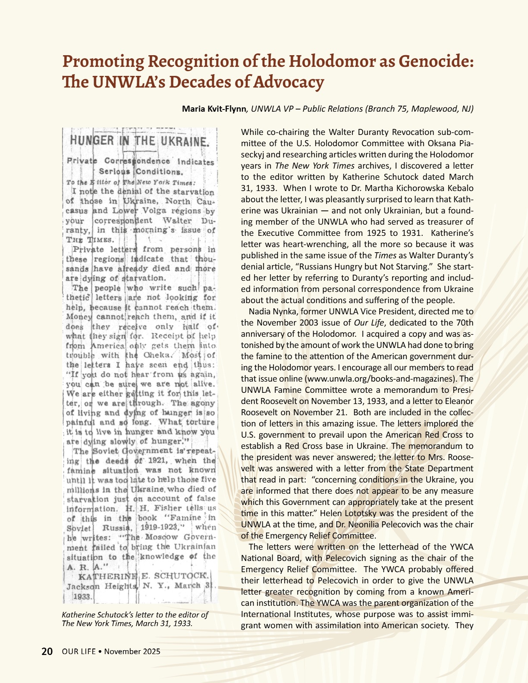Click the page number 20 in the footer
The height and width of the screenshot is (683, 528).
click(x=47, y=651)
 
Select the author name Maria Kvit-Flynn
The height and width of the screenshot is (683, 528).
click(x=214, y=109)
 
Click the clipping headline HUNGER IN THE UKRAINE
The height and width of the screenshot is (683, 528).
click(x=139, y=141)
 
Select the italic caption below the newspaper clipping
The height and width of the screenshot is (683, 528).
click(x=135, y=619)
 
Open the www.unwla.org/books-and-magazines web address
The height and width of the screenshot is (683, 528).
click(x=381, y=379)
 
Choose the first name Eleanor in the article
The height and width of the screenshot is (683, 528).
click(x=458, y=401)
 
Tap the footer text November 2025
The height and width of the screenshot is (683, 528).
click(x=132, y=651)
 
